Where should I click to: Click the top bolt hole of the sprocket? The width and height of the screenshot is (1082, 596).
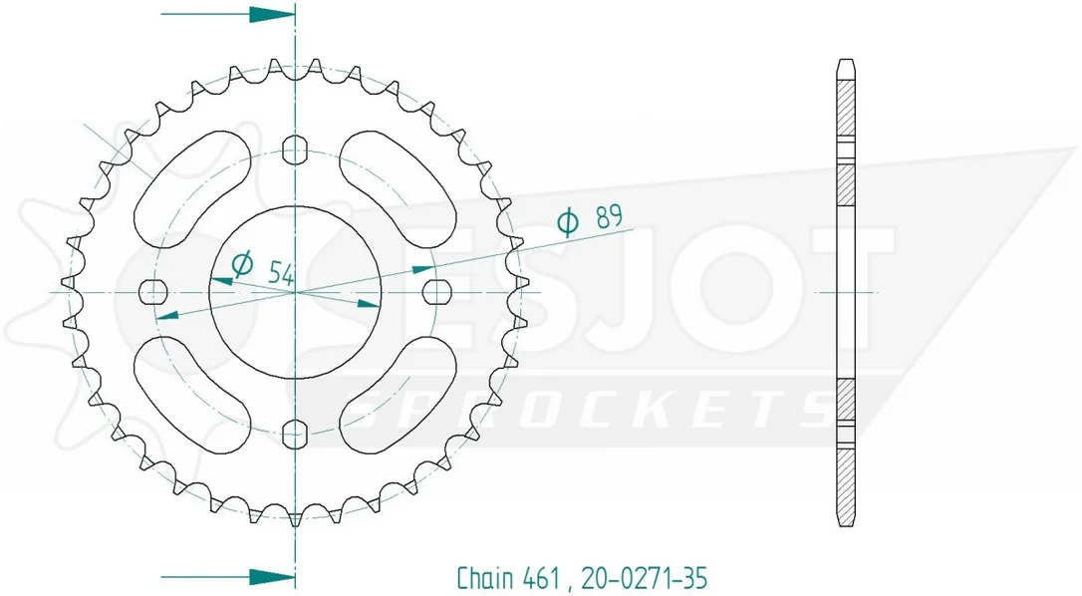tap(295, 149)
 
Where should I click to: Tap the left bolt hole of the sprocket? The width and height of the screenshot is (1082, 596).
tap(153, 292)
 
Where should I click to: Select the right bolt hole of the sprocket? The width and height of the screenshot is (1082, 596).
tap(436, 292)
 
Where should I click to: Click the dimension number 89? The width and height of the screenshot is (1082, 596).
tap(610, 217)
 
